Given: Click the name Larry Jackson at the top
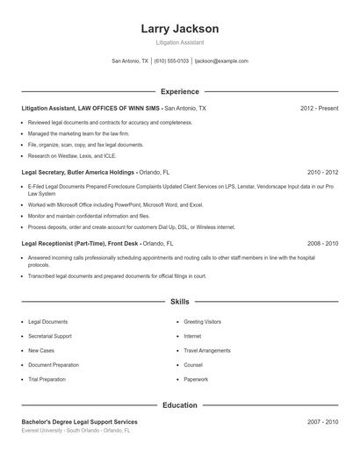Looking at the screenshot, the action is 179,29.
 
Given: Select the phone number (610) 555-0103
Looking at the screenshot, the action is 171,61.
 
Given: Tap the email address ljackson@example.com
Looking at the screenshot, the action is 221,61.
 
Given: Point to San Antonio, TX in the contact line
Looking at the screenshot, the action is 130,61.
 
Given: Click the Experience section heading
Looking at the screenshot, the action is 179,91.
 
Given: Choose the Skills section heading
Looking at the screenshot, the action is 179,301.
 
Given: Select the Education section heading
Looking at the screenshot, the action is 179,405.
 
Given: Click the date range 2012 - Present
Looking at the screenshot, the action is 319,108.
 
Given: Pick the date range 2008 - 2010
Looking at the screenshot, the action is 322,243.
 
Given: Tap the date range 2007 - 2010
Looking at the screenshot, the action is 322,422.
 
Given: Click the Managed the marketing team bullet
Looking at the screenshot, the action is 79,133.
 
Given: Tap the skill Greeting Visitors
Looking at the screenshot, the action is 203,322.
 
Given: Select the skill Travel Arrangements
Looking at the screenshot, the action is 207,350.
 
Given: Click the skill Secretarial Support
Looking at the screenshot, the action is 50,336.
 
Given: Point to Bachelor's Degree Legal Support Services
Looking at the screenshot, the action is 79,422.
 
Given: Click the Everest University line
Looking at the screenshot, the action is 76,431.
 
